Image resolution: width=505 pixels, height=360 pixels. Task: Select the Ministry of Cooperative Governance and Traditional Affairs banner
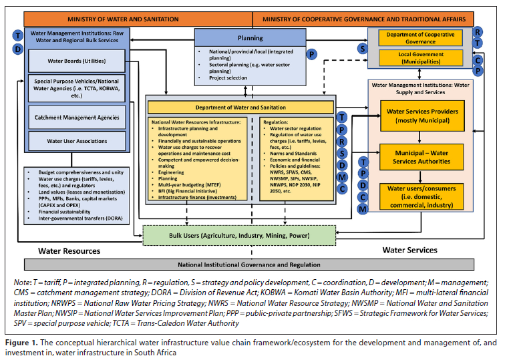363,17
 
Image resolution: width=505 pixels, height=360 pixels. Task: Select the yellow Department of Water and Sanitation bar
240,107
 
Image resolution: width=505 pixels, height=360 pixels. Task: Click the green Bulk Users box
240,235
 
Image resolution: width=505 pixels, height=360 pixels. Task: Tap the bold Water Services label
409,250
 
